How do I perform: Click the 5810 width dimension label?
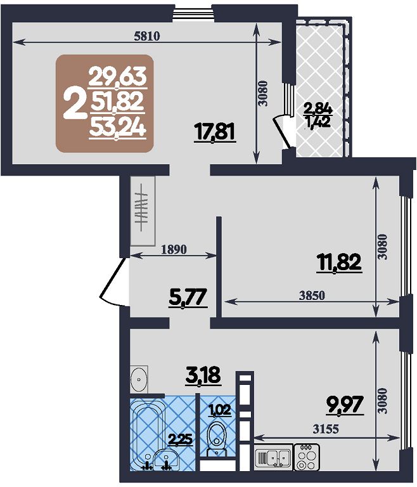pyautogui.click(x=146, y=36)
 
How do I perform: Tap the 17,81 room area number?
pyautogui.click(x=215, y=132)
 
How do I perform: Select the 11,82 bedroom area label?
pyautogui.click(x=339, y=262)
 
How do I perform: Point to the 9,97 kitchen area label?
pyautogui.click(x=345, y=405)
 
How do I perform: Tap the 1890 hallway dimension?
pyautogui.click(x=174, y=249)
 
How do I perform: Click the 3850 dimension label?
pyautogui.click(x=312, y=295)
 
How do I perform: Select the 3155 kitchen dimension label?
pyautogui.click(x=326, y=429)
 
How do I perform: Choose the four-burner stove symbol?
pyautogui.click(x=307, y=456)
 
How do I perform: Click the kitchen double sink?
pyautogui.click(x=273, y=456)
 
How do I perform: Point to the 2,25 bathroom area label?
pyautogui.click(x=181, y=439)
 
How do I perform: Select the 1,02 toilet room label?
pyautogui.click(x=219, y=410)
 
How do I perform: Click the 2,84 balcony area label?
pyautogui.click(x=318, y=109)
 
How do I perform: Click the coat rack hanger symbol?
pyautogui.click(x=142, y=207)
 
